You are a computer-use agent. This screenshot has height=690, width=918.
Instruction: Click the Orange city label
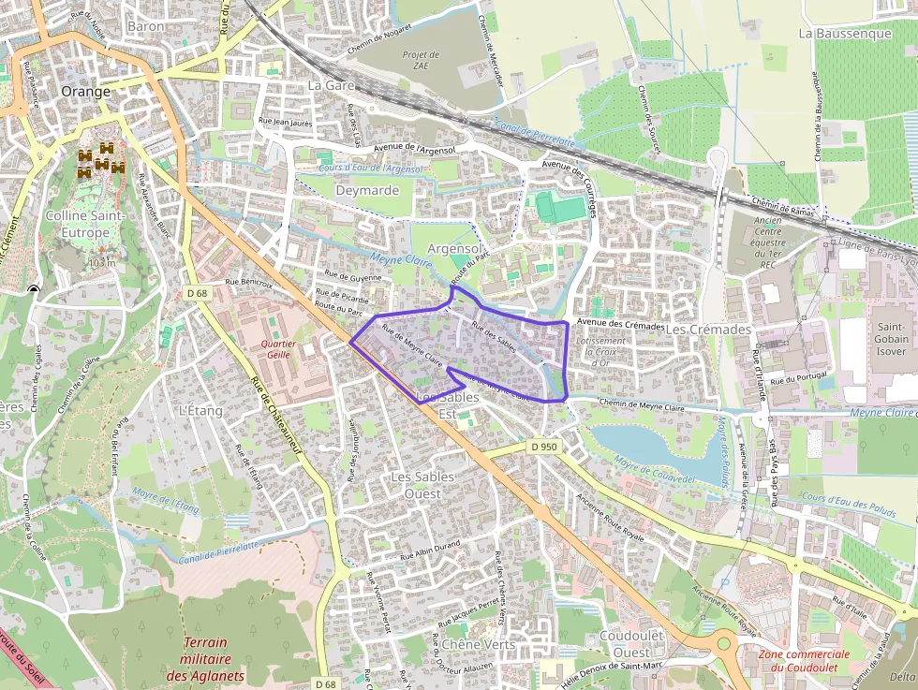point(85,92)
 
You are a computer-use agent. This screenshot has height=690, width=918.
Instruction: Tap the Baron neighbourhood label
point(145,27)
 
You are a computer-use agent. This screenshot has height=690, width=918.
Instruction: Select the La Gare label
point(330,85)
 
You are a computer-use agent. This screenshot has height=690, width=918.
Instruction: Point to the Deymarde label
point(367,190)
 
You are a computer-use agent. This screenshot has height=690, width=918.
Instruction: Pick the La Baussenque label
point(845,34)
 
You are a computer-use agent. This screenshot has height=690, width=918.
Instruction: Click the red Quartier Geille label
point(280,350)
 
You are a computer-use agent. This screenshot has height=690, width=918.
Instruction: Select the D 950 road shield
point(543,447)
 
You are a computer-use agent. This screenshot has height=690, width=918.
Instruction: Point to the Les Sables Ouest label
point(422,485)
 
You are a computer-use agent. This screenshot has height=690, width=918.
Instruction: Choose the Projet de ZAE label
point(421,61)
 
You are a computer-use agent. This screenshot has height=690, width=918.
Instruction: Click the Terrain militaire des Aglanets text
point(205,659)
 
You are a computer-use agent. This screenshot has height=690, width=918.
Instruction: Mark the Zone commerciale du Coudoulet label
point(804,660)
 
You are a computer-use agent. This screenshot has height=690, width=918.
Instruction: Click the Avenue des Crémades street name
point(620,324)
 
